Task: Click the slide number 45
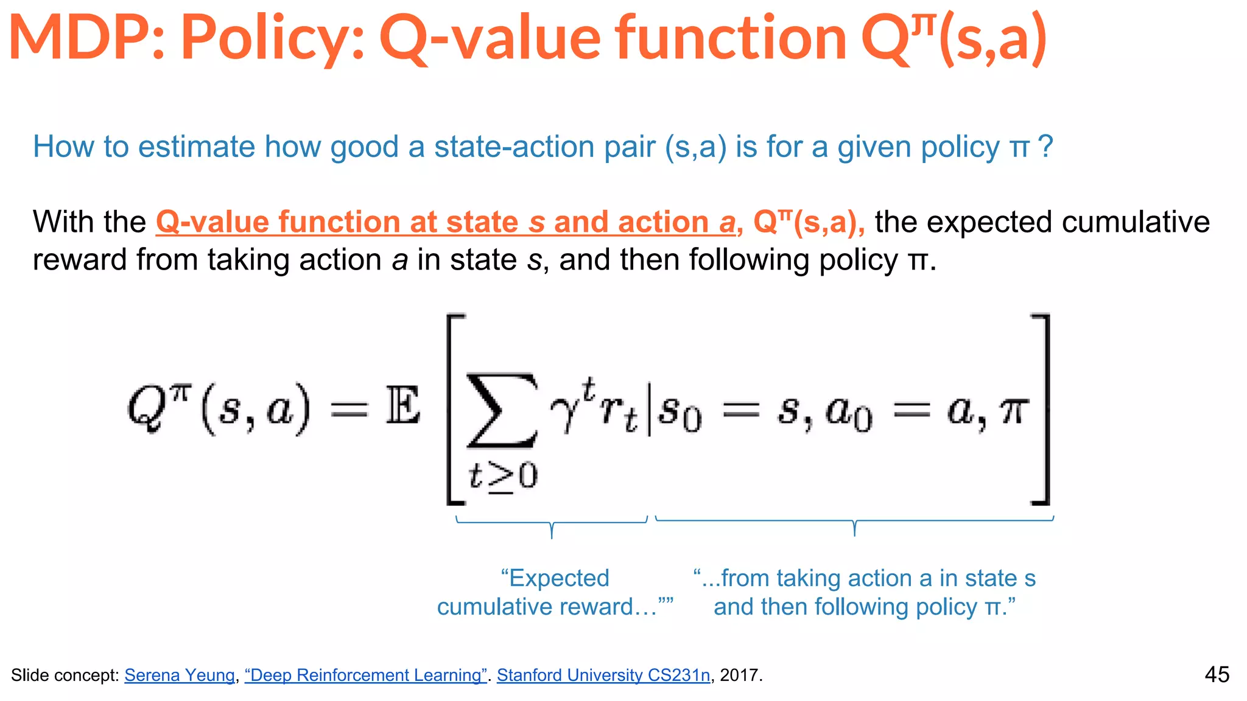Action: [1217, 675]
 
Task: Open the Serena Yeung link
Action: [180, 675]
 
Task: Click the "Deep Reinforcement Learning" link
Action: [365, 675]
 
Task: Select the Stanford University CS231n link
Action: [603, 675]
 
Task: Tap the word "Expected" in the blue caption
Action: [555, 578]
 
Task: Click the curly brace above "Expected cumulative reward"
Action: [552, 525]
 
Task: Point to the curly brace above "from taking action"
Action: [854, 523]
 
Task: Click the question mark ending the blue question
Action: [1045, 147]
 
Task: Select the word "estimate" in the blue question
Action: [196, 147]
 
